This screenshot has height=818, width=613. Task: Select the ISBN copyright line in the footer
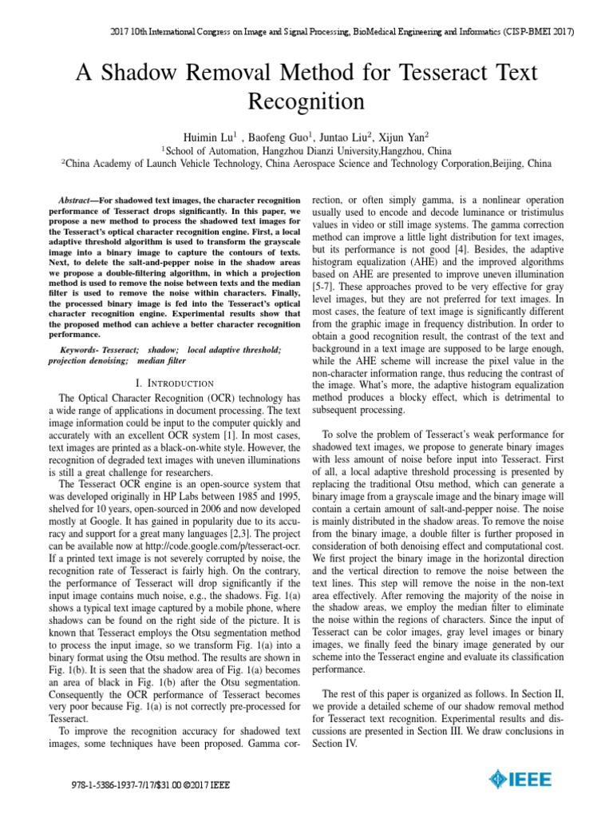click(149, 784)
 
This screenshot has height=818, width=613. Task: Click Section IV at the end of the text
click(338, 742)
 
